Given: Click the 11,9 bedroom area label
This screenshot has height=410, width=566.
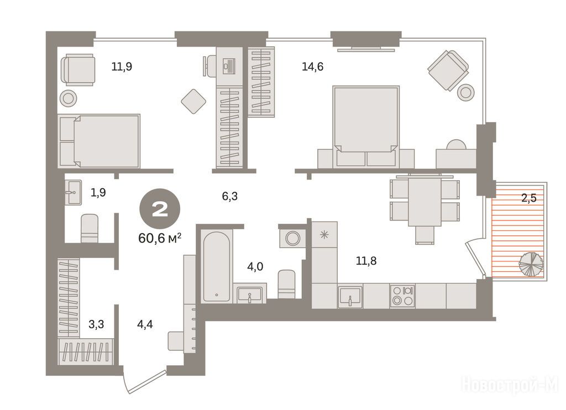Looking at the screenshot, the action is (x=122, y=67).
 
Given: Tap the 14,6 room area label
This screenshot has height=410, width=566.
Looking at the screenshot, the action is (x=312, y=67).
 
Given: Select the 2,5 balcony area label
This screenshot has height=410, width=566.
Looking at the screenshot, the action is (x=529, y=198).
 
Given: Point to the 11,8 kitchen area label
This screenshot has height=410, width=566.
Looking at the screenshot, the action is (x=366, y=260).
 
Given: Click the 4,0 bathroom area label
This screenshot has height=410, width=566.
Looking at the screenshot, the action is (x=255, y=267).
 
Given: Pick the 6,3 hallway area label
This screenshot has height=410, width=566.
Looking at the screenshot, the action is (x=229, y=196).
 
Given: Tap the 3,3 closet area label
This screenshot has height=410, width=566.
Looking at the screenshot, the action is (x=96, y=324).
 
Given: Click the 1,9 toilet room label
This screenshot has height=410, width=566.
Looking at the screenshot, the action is (x=98, y=193).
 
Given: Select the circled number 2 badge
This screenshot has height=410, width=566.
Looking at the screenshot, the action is (x=160, y=209).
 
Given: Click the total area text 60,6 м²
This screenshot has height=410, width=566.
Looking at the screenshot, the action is (x=160, y=238).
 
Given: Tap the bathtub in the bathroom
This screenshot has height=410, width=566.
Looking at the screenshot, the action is (x=216, y=266).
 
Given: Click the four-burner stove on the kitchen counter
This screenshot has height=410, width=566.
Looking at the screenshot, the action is (x=402, y=296).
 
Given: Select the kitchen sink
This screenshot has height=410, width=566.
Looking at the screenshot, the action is (x=350, y=297).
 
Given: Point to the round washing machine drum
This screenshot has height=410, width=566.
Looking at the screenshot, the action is (x=292, y=238).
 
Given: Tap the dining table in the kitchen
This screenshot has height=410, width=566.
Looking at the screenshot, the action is (x=424, y=199).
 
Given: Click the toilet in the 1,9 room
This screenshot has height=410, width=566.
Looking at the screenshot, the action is (x=89, y=228).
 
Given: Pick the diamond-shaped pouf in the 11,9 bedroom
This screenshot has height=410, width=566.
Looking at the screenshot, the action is (x=193, y=102).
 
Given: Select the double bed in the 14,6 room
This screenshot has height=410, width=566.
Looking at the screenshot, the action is (x=366, y=127).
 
